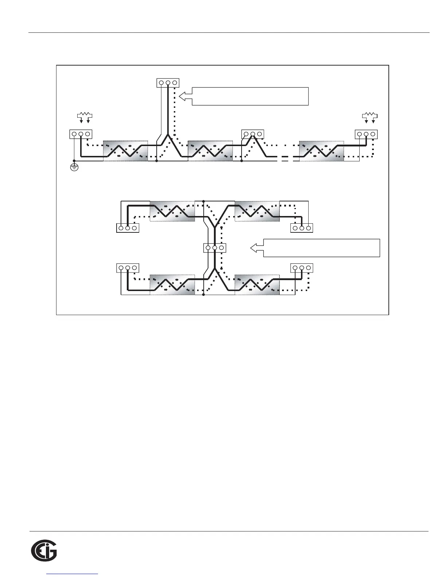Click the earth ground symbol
click(x=74, y=168)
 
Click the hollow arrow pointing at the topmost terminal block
click(x=186, y=96)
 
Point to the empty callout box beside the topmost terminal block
click(x=250, y=96)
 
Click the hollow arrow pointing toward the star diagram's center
click(x=257, y=248)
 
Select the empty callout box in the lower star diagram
click(x=321, y=248)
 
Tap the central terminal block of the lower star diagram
click(x=215, y=248)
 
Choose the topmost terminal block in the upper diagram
click(x=168, y=83)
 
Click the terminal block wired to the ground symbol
click(x=81, y=134)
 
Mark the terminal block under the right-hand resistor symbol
click(x=366, y=134)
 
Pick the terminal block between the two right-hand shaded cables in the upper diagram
click(x=253, y=134)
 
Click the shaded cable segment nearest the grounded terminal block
click(x=125, y=150)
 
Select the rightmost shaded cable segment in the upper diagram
click(x=321, y=150)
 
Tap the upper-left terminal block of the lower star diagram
click(x=127, y=228)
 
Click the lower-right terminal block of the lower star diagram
click(x=302, y=268)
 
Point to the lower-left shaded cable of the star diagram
click(x=172, y=284)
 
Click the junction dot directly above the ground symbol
click(x=74, y=160)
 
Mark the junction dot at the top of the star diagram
click(x=203, y=201)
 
